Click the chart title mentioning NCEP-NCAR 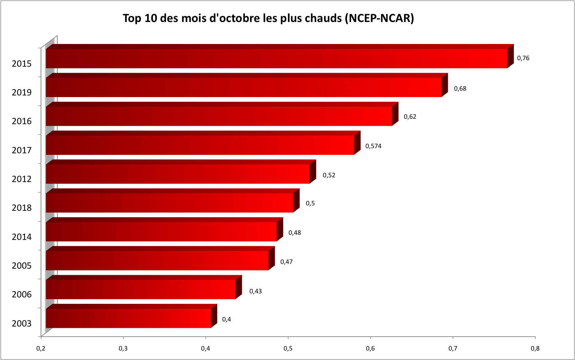(x=268, y=18)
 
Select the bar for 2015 (x=276, y=59)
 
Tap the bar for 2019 (x=244, y=87)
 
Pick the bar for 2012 (x=178, y=174)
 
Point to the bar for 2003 (x=128, y=318)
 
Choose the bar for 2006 (x=140, y=289)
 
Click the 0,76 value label (x=523, y=58)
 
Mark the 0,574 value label (x=373, y=146)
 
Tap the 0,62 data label (x=410, y=117)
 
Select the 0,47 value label (x=286, y=262)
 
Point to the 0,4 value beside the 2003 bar (x=227, y=319)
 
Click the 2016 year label (x=22, y=121)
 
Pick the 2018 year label (x=22, y=208)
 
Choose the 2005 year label (x=22, y=266)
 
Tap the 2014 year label (x=22, y=237)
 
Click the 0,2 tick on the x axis (x=41, y=348)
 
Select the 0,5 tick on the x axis (x=288, y=348)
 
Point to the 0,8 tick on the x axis (x=535, y=348)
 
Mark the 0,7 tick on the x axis (x=453, y=348)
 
